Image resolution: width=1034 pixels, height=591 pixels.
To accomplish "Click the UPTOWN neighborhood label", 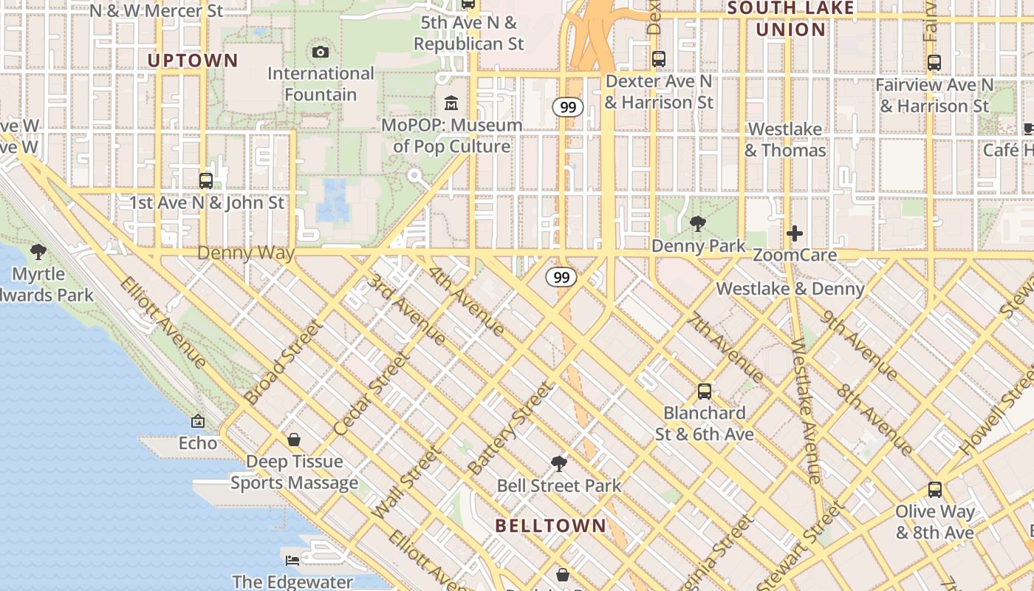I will click(193, 61).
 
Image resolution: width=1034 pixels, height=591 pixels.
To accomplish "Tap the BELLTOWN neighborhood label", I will click(551, 526).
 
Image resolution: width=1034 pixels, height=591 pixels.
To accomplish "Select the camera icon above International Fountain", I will click(320, 52).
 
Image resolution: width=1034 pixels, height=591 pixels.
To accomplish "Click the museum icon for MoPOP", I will click(451, 103).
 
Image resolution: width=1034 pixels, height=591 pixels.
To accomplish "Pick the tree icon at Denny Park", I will click(697, 223).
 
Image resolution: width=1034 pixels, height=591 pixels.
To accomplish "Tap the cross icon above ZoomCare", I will click(795, 234).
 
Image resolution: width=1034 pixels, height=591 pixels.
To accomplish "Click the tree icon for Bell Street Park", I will click(559, 464).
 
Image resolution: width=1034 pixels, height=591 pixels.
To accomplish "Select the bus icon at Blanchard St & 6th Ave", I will click(705, 392).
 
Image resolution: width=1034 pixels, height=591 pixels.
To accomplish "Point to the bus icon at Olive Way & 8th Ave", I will click(934, 489).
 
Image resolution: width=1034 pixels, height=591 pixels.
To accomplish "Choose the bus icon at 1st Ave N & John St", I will click(206, 180).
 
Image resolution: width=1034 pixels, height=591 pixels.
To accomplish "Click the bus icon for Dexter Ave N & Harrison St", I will click(659, 59).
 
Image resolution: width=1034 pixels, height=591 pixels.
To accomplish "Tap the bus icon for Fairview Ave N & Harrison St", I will click(934, 63).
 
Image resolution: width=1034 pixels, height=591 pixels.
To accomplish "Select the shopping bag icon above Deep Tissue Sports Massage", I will click(294, 440).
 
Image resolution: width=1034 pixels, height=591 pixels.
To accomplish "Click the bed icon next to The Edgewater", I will click(292, 560).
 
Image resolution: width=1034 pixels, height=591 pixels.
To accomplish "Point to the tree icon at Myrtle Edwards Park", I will click(38, 252).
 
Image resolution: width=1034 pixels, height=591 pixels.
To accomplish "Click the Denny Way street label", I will click(246, 253).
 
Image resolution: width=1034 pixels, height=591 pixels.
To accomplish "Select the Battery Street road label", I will click(510, 428).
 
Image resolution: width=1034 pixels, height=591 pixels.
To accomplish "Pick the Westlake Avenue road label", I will click(805, 411).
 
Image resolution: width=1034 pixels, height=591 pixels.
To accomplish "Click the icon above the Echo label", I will click(198, 421).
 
